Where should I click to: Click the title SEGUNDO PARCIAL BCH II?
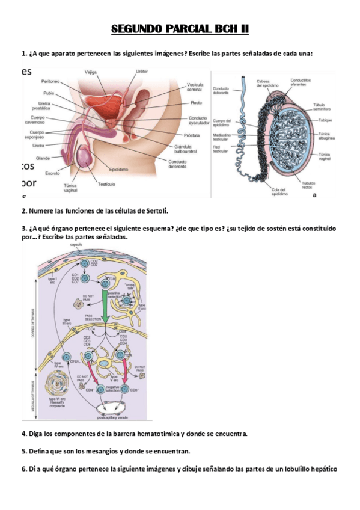180,29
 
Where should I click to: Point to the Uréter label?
142,72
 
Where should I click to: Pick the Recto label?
197,103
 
